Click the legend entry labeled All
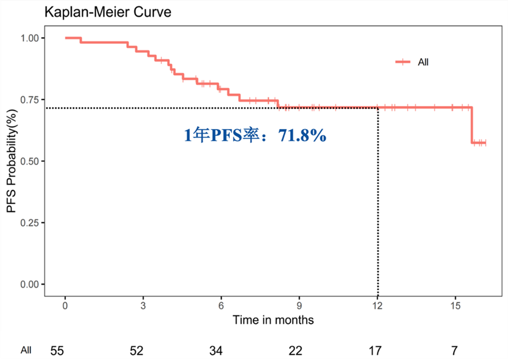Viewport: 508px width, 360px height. [x=423, y=63]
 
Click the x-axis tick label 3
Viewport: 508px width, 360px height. [x=143, y=306]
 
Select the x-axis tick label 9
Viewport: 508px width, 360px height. [x=300, y=306]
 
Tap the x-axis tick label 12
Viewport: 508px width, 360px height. [x=377, y=306]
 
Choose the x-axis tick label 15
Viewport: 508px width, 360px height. [x=455, y=306]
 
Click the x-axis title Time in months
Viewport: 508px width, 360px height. [x=273, y=319]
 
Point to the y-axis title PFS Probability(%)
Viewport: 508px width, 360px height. [x=11, y=161]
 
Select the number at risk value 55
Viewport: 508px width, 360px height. [x=57, y=350]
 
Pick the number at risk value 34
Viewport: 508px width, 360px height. [x=216, y=350]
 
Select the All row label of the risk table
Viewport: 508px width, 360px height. [x=26, y=350]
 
